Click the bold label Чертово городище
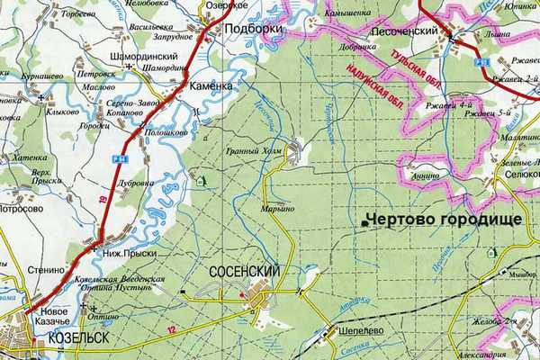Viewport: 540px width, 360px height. coord(441,220)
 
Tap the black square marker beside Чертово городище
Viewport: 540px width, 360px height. coord(364,222)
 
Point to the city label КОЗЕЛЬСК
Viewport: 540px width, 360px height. coord(72,338)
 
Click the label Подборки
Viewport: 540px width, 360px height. coord(253,29)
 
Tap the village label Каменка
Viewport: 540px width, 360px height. coord(212,85)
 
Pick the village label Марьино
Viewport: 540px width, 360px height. coord(278,209)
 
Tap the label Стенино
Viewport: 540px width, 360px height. coord(44,268)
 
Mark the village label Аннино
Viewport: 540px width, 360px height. coord(427,176)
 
